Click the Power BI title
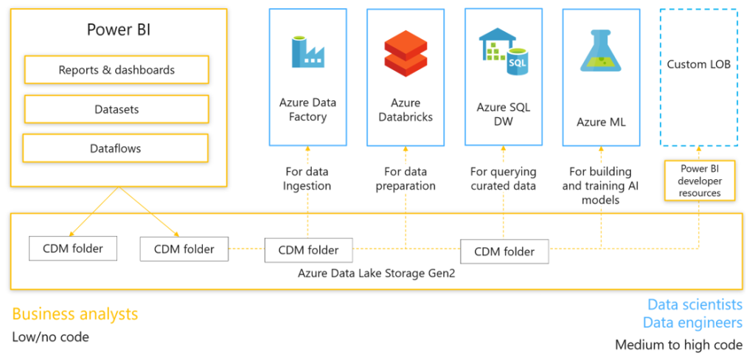click(119, 30)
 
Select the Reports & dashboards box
click(116, 70)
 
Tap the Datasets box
click(116, 109)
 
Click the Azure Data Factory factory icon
click(308, 51)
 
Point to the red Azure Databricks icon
click(406, 51)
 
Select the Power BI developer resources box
click(700, 180)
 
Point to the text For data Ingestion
click(307, 179)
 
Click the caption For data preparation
click(405, 179)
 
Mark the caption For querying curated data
click(503, 179)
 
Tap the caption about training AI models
click(601, 185)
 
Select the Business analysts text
click(75, 314)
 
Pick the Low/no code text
click(50, 336)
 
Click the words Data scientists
click(695, 305)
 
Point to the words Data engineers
click(692, 322)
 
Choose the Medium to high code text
click(678, 345)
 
